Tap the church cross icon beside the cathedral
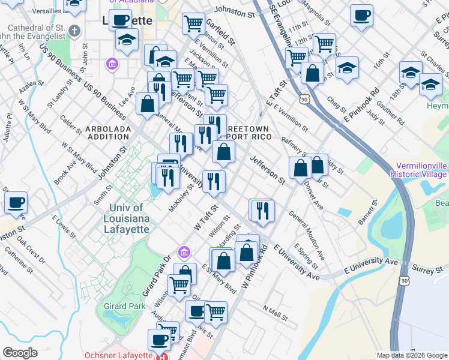click(x=74, y=31)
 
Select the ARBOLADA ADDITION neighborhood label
click(x=108, y=133)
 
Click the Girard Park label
click(x=123, y=307)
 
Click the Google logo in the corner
click(x=20, y=353)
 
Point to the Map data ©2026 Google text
click(x=411, y=355)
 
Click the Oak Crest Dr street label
click(x=30, y=251)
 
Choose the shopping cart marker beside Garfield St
click(x=193, y=23)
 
